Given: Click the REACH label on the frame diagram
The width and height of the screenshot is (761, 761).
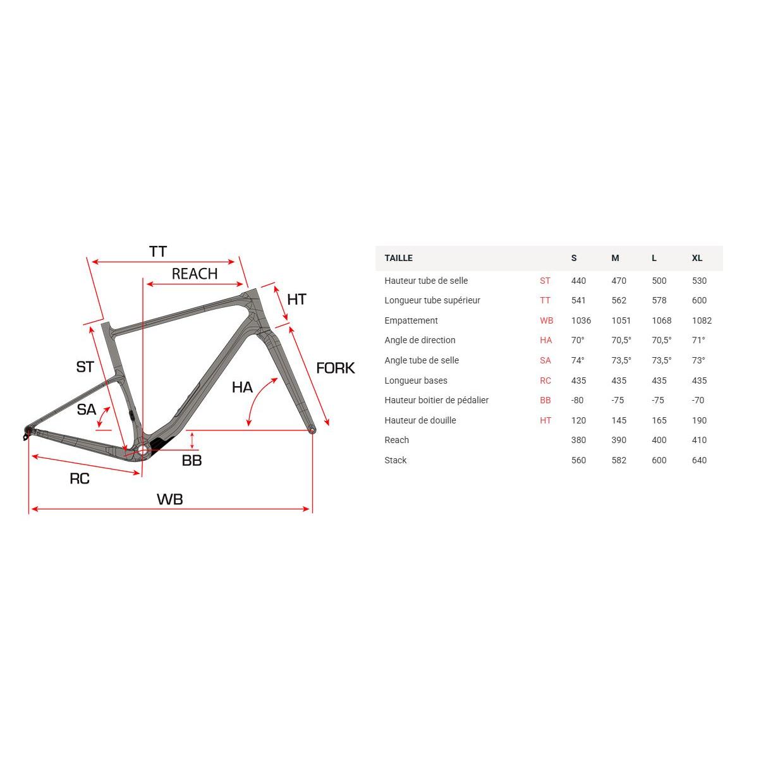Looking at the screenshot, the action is (x=194, y=274).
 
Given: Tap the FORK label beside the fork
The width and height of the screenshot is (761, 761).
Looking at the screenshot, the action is (x=335, y=368).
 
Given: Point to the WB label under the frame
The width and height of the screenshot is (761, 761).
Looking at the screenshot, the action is (x=170, y=499).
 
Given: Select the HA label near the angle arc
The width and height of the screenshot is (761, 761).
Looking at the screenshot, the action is (x=242, y=387).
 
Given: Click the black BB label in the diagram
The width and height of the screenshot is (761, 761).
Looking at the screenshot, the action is (x=192, y=461).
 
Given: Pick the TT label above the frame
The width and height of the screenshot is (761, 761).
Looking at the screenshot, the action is (x=158, y=252).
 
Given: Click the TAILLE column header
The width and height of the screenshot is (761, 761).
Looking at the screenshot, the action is (x=398, y=259).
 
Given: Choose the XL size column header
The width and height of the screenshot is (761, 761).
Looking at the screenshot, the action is (x=697, y=259).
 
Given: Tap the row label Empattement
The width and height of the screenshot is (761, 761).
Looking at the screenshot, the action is (x=411, y=320).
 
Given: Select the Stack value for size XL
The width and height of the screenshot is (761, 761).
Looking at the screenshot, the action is (x=699, y=461).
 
